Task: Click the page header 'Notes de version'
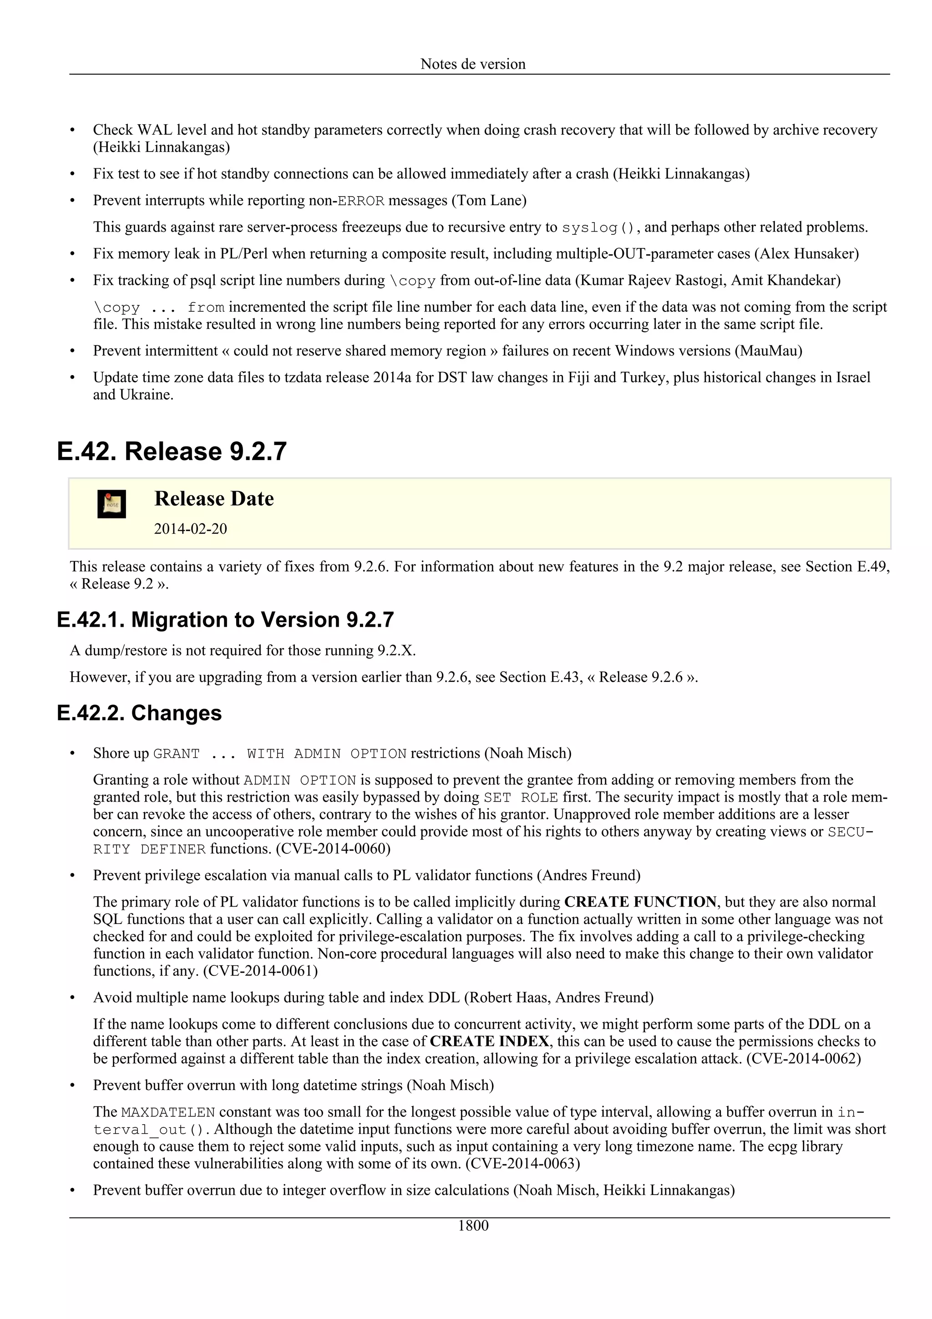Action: tap(473, 64)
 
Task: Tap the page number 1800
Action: tap(473, 1226)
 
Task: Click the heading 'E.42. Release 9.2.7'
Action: tap(172, 452)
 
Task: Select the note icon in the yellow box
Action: tap(111, 504)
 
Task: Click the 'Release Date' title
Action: tap(213, 499)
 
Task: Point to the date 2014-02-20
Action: tap(190, 528)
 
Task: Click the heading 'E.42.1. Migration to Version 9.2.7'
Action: tap(225, 620)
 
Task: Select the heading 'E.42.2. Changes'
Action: tap(140, 713)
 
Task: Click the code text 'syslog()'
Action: tap(598, 228)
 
